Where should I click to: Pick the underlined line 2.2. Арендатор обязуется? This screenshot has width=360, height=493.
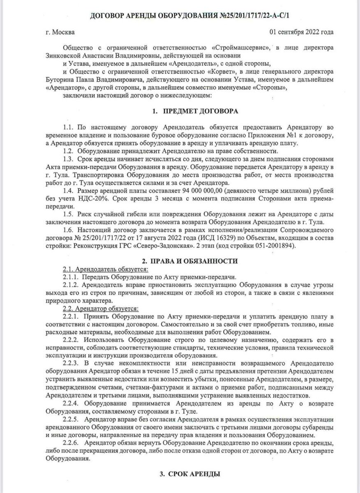[x=100, y=308]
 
